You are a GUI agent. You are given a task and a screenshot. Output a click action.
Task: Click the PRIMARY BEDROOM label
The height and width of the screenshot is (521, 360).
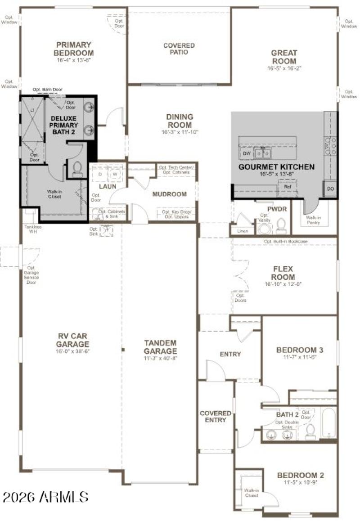coord(73,49)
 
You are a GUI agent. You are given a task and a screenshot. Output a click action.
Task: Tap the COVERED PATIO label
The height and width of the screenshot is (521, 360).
coord(179,49)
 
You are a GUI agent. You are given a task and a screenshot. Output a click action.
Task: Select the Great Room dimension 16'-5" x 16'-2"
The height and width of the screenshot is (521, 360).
coord(283,68)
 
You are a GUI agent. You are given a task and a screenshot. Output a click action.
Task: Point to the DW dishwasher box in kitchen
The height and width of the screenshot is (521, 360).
coord(246,153)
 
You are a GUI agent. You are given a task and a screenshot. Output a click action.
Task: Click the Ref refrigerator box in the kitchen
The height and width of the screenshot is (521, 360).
coord(287,186)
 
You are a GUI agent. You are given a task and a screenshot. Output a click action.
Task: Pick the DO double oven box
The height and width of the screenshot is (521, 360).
coord(330,189)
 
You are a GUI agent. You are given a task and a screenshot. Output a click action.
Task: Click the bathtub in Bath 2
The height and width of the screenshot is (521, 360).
coord(328,423)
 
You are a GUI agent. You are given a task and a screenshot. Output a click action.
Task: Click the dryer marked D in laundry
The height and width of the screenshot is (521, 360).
coord(100,174)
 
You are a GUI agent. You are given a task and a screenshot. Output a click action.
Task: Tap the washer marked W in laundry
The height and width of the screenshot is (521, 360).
coord(115,174)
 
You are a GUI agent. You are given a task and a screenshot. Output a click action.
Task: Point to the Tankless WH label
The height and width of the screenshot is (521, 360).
coord(33,229)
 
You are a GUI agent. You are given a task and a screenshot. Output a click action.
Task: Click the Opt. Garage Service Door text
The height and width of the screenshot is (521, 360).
coord(31,275)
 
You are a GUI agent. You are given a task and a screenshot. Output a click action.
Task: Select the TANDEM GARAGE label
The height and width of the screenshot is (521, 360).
coord(160,346)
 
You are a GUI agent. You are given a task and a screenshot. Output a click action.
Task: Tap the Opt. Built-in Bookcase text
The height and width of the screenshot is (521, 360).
coord(286,242)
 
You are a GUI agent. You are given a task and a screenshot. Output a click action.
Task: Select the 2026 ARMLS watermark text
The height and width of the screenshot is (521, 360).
coord(45,497)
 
